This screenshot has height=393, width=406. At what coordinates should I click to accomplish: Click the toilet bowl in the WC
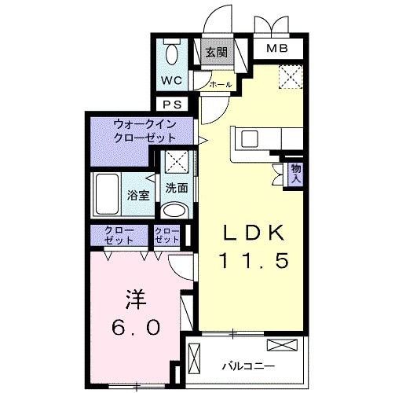pyautogui.click(x=172, y=54)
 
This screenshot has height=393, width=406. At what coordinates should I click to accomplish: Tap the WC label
pyautogui.click(x=172, y=80)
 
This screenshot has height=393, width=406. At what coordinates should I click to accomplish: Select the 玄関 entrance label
pyautogui.click(x=216, y=53)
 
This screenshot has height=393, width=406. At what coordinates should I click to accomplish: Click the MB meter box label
pyautogui.click(x=277, y=48)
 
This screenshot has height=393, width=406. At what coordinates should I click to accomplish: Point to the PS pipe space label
pyautogui.click(x=172, y=105)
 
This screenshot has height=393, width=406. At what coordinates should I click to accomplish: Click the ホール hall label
pyautogui.click(x=221, y=85)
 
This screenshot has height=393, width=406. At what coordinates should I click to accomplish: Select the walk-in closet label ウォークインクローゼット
pyautogui.click(x=144, y=131)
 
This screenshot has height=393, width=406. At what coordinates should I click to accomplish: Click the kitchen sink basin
pyautogui.click(x=250, y=139)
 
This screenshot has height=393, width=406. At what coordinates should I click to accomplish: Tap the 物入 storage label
pyautogui.click(x=297, y=174)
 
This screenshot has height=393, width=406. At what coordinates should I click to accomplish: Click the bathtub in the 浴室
pyautogui.click(x=107, y=194)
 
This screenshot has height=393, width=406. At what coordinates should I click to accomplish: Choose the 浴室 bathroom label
pyautogui.click(x=138, y=195)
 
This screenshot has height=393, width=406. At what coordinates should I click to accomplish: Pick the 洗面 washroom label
pyautogui.click(x=177, y=188)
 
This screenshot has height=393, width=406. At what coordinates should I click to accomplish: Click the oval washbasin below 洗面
pyautogui.click(x=174, y=211)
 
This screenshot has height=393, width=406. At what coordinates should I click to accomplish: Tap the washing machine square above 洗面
pyautogui.click(x=177, y=162)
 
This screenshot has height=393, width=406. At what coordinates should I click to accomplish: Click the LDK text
pyautogui.click(x=254, y=233)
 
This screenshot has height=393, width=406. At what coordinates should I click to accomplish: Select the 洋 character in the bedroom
pyautogui.click(x=136, y=299)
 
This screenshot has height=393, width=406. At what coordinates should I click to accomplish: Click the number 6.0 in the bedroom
pyautogui.click(x=136, y=328)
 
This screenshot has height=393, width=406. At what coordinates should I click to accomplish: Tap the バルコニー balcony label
pyautogui.click(x=248, y=365)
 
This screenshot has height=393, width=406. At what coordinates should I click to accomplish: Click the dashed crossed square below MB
pyautogui.click(x=291, y=77)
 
